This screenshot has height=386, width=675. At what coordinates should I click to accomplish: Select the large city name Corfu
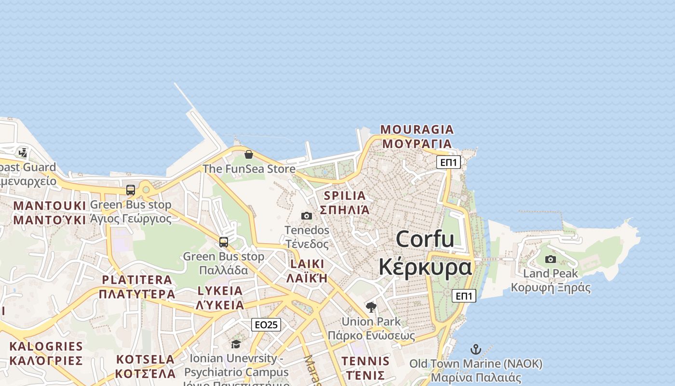point(425,239)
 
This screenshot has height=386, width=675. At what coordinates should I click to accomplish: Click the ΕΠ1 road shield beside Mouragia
point(448,162)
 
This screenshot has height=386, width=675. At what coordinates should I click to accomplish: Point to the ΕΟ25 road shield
point(266,325)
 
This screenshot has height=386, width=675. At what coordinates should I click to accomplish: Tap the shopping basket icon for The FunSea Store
point(249,154)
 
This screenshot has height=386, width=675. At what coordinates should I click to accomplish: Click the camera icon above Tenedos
point(307,216)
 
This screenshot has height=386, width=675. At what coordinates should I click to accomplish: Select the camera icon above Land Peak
point(550,259)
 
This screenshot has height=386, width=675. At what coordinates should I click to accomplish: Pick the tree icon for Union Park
point(371,307)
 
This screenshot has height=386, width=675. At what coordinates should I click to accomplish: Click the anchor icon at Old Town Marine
point(476,349)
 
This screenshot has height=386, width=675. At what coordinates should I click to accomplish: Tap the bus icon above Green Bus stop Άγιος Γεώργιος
point(131,190)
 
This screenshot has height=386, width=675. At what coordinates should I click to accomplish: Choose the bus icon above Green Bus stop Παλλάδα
point(224,242)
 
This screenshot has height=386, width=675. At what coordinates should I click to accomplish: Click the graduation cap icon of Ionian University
point(236,344)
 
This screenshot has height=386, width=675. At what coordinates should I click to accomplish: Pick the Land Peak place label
point(550,274)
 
